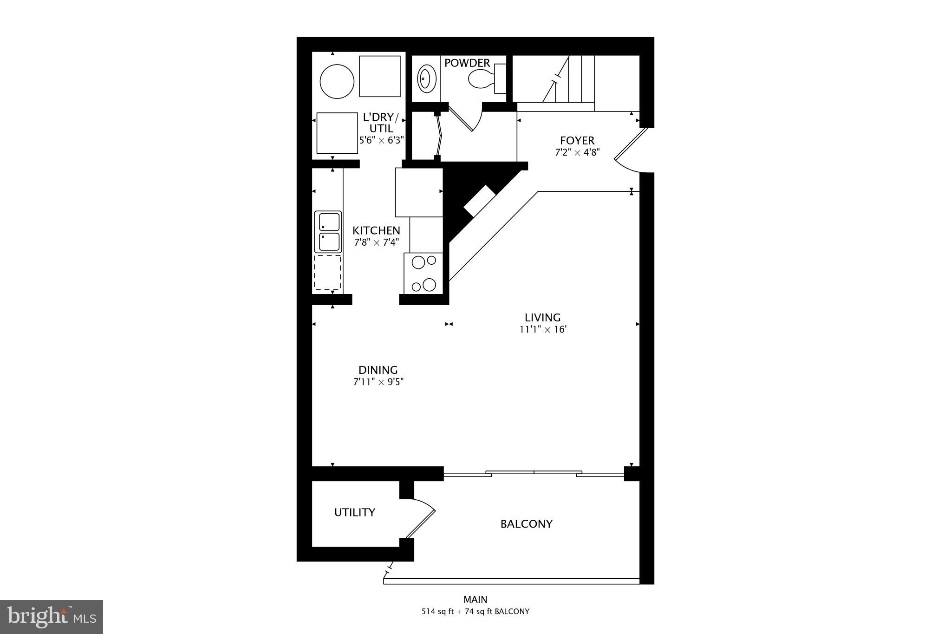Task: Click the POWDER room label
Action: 467,63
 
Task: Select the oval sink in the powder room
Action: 426,79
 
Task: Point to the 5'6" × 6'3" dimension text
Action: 382,140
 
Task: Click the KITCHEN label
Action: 376,230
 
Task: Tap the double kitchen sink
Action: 328,232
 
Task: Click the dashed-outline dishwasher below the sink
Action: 328,272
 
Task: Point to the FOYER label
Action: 577,140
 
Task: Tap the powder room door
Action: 464,119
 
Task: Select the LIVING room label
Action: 542,317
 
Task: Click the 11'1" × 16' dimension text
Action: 543,330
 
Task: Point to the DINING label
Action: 378,370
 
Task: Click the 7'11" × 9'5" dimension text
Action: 378,382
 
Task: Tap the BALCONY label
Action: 526,524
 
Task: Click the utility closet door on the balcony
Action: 420,521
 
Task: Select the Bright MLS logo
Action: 52,617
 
